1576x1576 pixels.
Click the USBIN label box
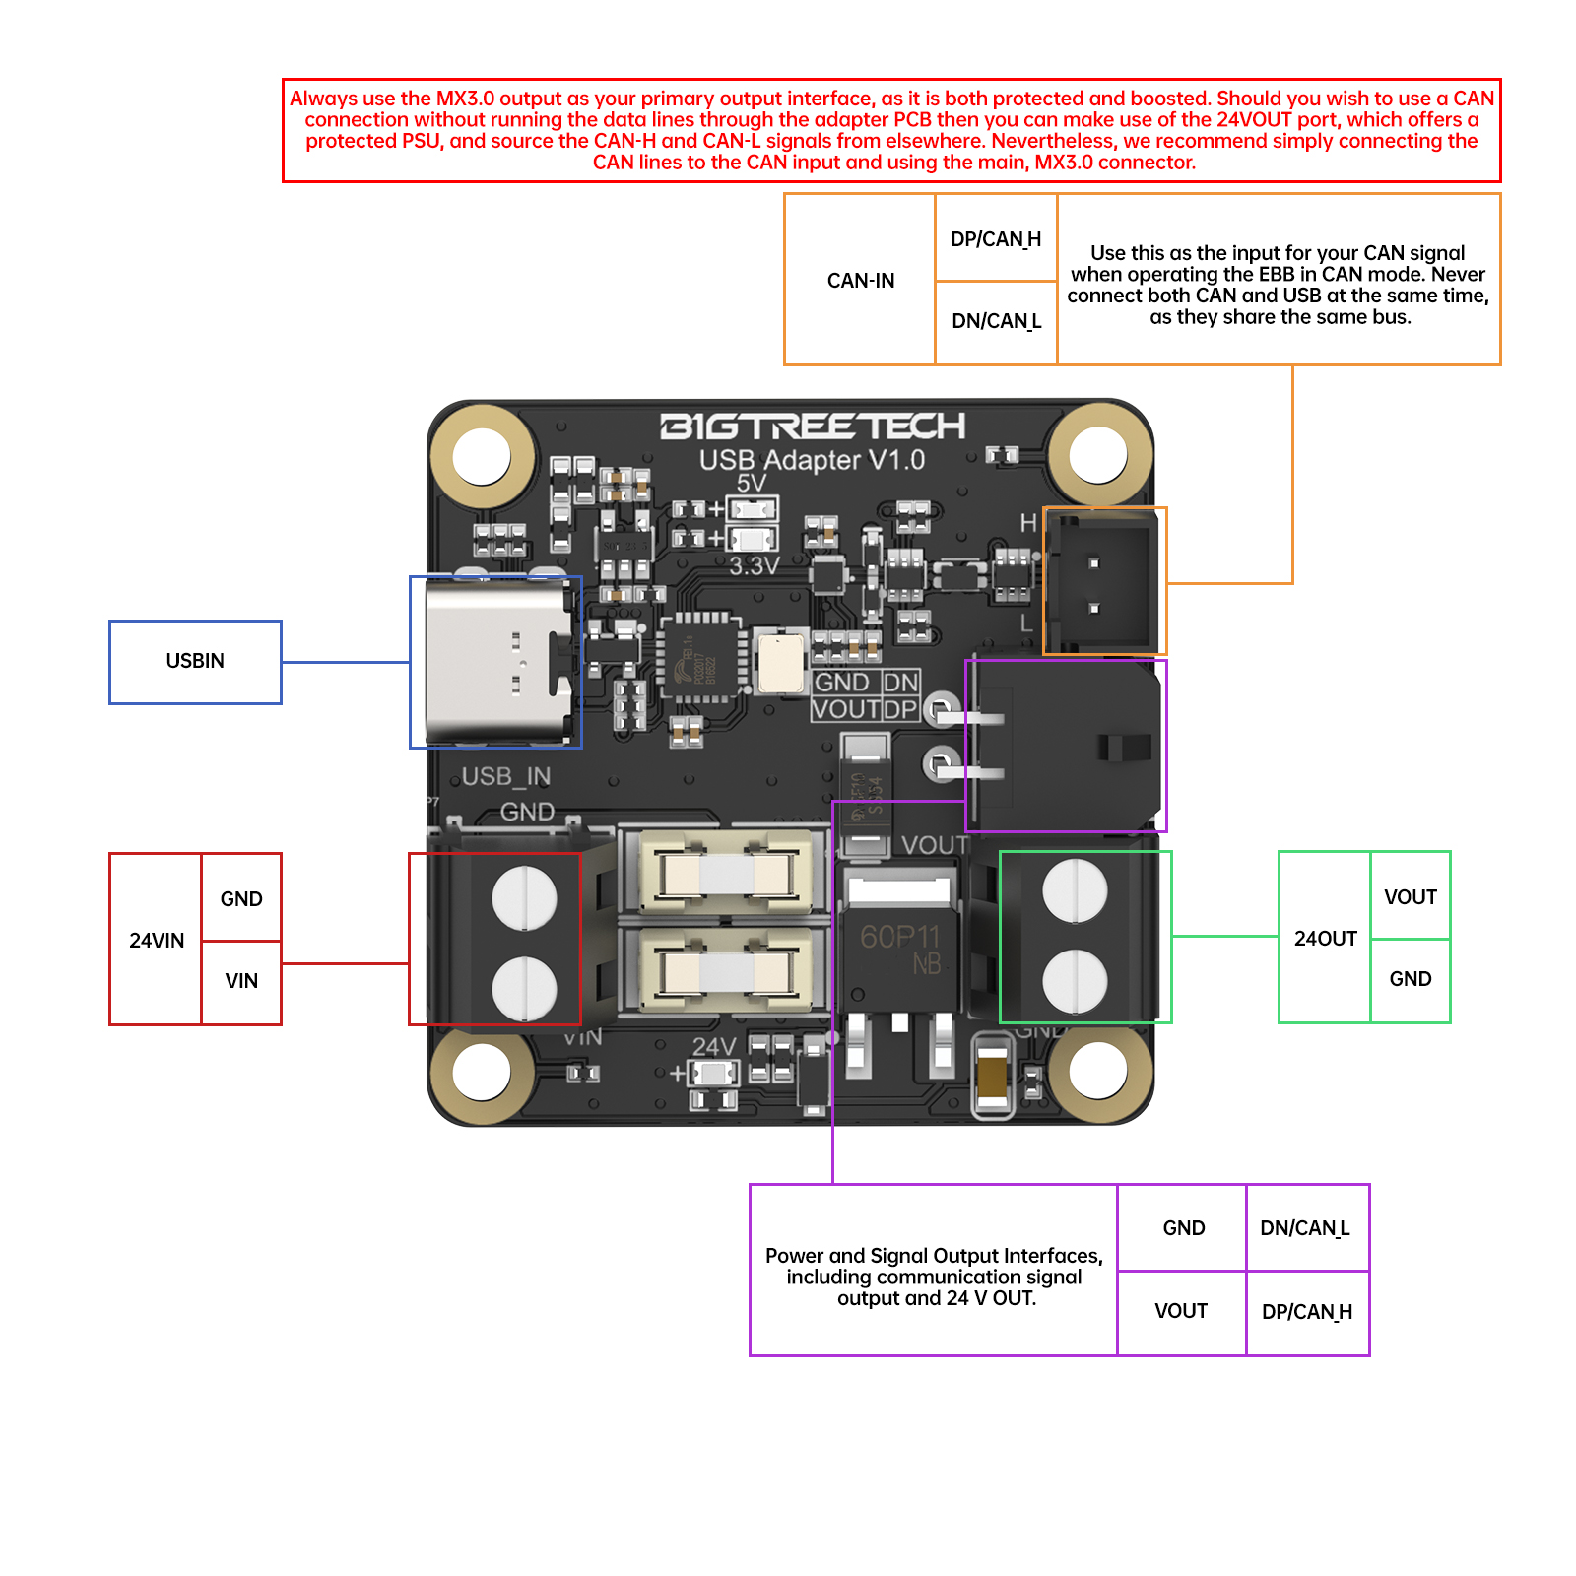(x=195, y=662)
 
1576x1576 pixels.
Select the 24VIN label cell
(x=156, y=940)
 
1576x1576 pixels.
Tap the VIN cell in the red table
(x=241, y=981)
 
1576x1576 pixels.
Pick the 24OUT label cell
(x=1325, y=938)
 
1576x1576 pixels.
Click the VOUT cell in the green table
(x=1410, y=896)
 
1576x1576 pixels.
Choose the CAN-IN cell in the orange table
(x=860, y=280)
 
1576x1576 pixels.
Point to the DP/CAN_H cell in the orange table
(x=995, y=239)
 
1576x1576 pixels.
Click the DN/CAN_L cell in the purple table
(x=1306, y=1228)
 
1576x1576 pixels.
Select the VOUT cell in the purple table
(x=1181, y=1311)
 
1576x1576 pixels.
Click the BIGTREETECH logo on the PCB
(x=813, y=427)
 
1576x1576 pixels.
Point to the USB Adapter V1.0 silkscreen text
(x=812, y=460)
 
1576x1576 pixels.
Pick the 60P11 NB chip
(x=898, y=948)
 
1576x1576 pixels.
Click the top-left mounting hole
(x=482, y=455)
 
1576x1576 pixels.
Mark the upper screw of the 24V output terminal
(x=1075, y=889)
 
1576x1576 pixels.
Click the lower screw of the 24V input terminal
(x=524, y=988)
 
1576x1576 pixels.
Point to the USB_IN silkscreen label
(x=505, y=777)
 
